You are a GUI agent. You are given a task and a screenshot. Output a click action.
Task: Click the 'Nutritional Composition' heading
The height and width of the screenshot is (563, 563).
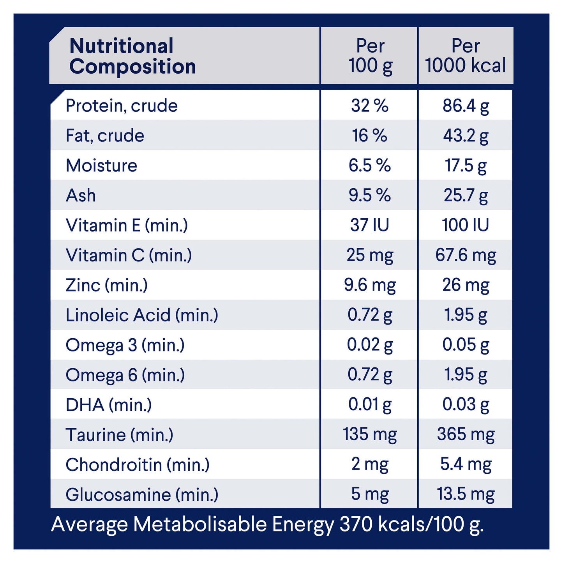pos(132,56)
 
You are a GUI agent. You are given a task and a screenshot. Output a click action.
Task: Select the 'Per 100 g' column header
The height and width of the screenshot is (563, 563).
pos(370,56)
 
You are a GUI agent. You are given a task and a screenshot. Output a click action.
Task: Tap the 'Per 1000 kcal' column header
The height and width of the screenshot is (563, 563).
pos(465,56)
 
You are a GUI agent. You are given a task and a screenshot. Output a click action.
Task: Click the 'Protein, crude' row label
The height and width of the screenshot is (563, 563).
pos(122,106)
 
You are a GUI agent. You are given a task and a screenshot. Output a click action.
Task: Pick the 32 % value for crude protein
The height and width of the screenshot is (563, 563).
pos(369,106)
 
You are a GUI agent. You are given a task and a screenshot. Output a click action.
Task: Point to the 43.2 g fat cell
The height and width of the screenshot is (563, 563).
pos(466,136)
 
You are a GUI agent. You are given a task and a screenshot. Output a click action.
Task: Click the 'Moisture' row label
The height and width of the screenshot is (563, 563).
pos(101,166)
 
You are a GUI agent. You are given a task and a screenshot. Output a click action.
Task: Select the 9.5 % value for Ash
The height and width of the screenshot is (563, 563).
pos(369,195)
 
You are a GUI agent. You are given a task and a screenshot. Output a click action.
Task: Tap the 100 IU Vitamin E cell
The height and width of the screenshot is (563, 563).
pos(465,225)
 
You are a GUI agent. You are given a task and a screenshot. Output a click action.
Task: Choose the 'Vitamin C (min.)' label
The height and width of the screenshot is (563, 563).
pos(129,255)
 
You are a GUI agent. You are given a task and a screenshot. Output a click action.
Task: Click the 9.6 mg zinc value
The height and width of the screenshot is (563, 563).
pos(369,285)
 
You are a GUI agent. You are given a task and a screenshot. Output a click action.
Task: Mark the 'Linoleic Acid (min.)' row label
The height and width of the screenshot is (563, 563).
pos(142,315)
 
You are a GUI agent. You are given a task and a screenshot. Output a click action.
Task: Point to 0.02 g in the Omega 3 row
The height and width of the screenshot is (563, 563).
pos(369,345)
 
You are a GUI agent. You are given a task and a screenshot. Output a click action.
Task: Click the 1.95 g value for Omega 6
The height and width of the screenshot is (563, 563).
pos(466,375)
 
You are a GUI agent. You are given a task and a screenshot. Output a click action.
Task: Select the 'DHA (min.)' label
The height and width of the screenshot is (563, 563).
pos(109,405)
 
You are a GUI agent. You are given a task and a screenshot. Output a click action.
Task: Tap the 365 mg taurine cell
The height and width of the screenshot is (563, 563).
pos(466,434)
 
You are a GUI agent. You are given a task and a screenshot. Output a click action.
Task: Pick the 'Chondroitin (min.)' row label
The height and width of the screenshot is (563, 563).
pos(138,464)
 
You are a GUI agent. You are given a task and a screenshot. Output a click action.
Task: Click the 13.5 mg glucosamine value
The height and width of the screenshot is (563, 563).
pos(466,494)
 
